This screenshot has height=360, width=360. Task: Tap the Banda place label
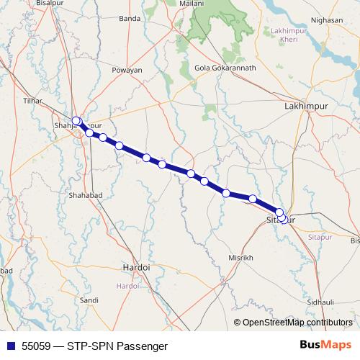[130, 37]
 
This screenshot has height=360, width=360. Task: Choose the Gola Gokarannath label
[226, 68]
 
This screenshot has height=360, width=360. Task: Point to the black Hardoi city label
[136, 266]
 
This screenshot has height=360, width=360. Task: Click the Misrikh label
[240, 257]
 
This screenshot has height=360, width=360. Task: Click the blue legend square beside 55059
[9, 346]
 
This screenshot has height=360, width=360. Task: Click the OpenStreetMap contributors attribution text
[297, 322]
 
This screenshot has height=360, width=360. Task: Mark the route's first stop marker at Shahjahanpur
[76, 121]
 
